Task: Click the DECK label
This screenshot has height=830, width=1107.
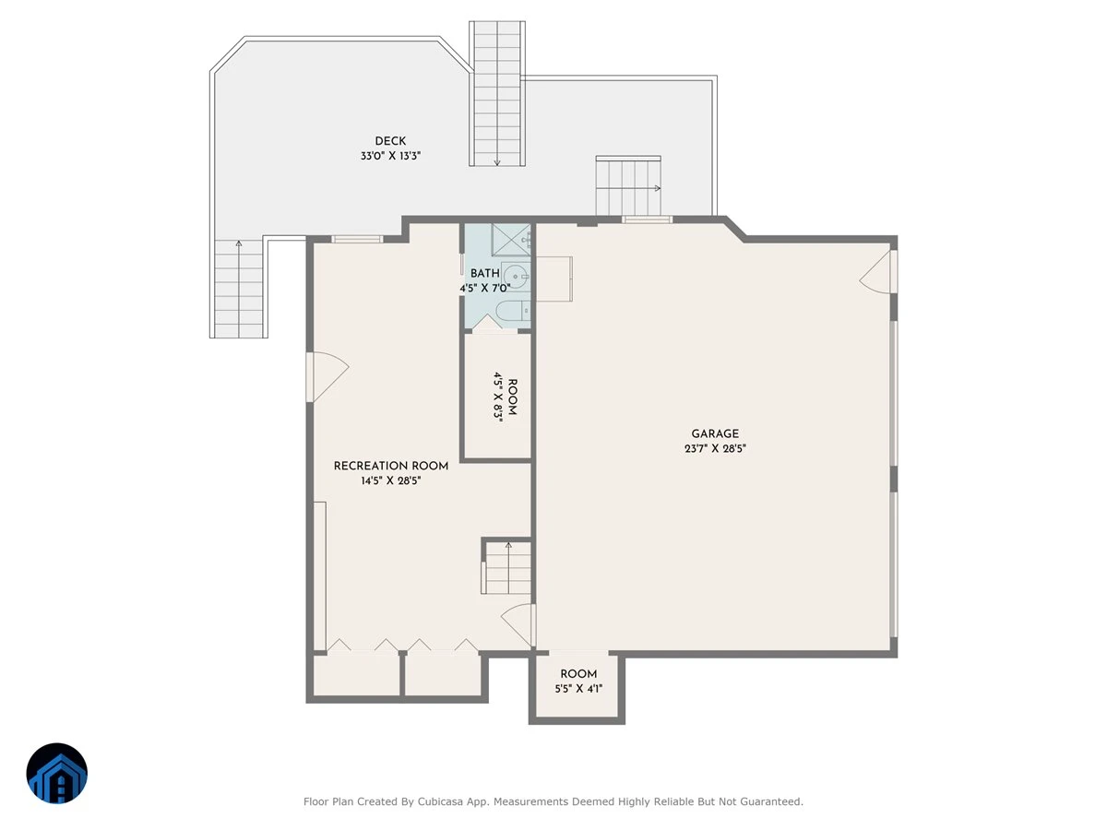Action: [x=390, y=141]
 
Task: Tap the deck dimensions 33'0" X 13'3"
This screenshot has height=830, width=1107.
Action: [x=390, y=156]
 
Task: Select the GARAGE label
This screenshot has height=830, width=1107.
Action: [x=715, y=433]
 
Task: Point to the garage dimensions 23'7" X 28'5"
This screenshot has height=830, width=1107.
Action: [x=715, y=448]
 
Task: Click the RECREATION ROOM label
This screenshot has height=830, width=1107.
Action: [x=391, y=466]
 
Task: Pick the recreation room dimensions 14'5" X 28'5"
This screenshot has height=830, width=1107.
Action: [x=391, y=480]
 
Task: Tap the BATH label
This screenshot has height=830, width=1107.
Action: [x=485, y=274]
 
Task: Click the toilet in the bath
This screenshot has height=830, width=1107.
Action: [x=513, y=311]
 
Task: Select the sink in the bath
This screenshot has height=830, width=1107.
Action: [x=516, y=276]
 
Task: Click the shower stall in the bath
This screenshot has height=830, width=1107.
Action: [x=511, y=240]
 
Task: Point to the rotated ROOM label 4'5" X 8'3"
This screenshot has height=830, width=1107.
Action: [x=506, y=397]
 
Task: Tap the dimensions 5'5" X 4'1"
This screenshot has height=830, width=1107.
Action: [x=578, y=688]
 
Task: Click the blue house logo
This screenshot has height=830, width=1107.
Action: [x=57, y=773]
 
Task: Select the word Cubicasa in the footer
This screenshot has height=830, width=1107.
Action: [x=440, y=801]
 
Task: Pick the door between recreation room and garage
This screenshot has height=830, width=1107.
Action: [x=516, y=625]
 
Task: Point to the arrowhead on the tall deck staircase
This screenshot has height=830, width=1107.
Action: [x=497, y=162]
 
